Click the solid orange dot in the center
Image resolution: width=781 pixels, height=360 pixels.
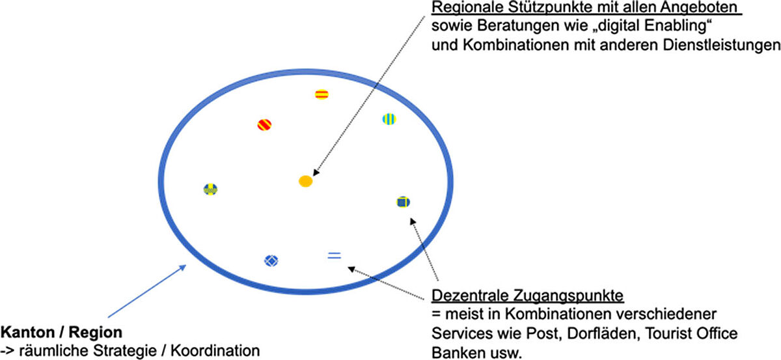[x=305, y=182]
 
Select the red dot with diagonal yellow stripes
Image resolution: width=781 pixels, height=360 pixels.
[x=264, y=124]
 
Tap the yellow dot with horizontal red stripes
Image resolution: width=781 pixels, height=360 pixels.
[x=321, y=94]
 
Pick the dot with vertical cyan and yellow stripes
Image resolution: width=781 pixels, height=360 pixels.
[x=389, y=118]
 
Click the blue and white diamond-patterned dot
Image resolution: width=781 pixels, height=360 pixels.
[x=271, y=260]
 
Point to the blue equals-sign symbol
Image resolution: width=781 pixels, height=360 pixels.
[x=334, y=256]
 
